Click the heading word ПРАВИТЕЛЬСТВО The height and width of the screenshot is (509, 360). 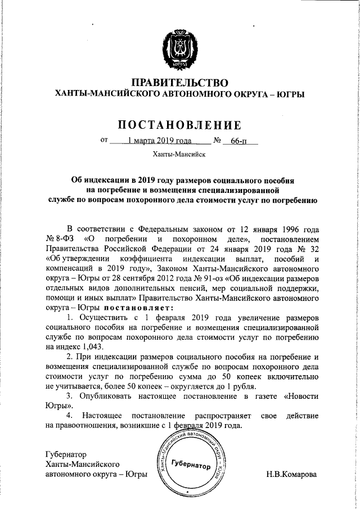tap(179, 83)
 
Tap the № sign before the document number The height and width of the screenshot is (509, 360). tap(217, 141)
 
